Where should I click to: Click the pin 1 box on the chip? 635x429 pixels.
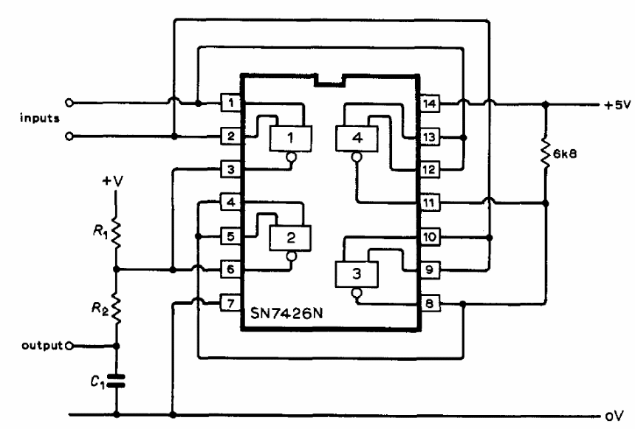coord(231,103)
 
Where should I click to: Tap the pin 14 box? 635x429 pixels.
coord(430,103)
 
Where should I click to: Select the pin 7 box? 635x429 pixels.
coord(230,303)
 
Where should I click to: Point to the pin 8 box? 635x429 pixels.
coord(430,303)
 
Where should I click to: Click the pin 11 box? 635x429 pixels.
coord(430,202)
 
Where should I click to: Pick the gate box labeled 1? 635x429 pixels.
coord(291,139)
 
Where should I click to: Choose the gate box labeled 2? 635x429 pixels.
coord(291,238)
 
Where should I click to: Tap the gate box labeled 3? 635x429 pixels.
coord(357,274)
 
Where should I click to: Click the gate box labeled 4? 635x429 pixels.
coord(357,139)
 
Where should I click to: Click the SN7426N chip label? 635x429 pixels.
coord(286,313)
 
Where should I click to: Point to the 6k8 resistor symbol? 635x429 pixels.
coord(546,154)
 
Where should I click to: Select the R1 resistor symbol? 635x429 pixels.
coord(116,233)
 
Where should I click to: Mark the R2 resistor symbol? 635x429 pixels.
coord(116,309)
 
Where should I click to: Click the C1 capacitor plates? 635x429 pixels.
coord(116,381)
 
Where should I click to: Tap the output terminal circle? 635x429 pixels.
coord(69,346)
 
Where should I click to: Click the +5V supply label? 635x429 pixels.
coord(617,105)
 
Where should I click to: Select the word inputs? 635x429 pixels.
coord(40,118)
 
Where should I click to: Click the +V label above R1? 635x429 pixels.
coord(112,181)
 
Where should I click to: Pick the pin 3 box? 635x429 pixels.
coord(231,169)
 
